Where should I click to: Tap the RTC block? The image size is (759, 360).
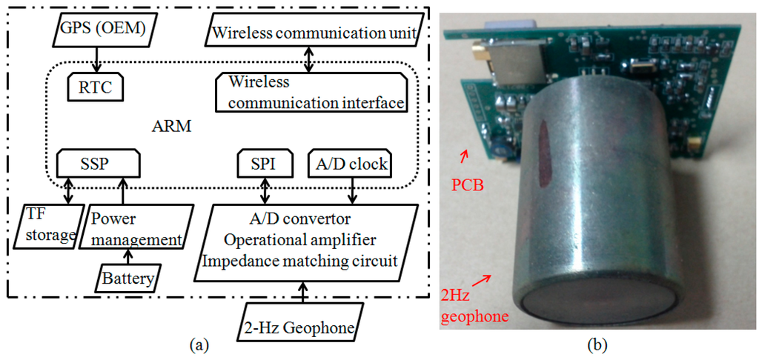point(94,88)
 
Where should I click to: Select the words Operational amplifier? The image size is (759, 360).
point(304,240)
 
